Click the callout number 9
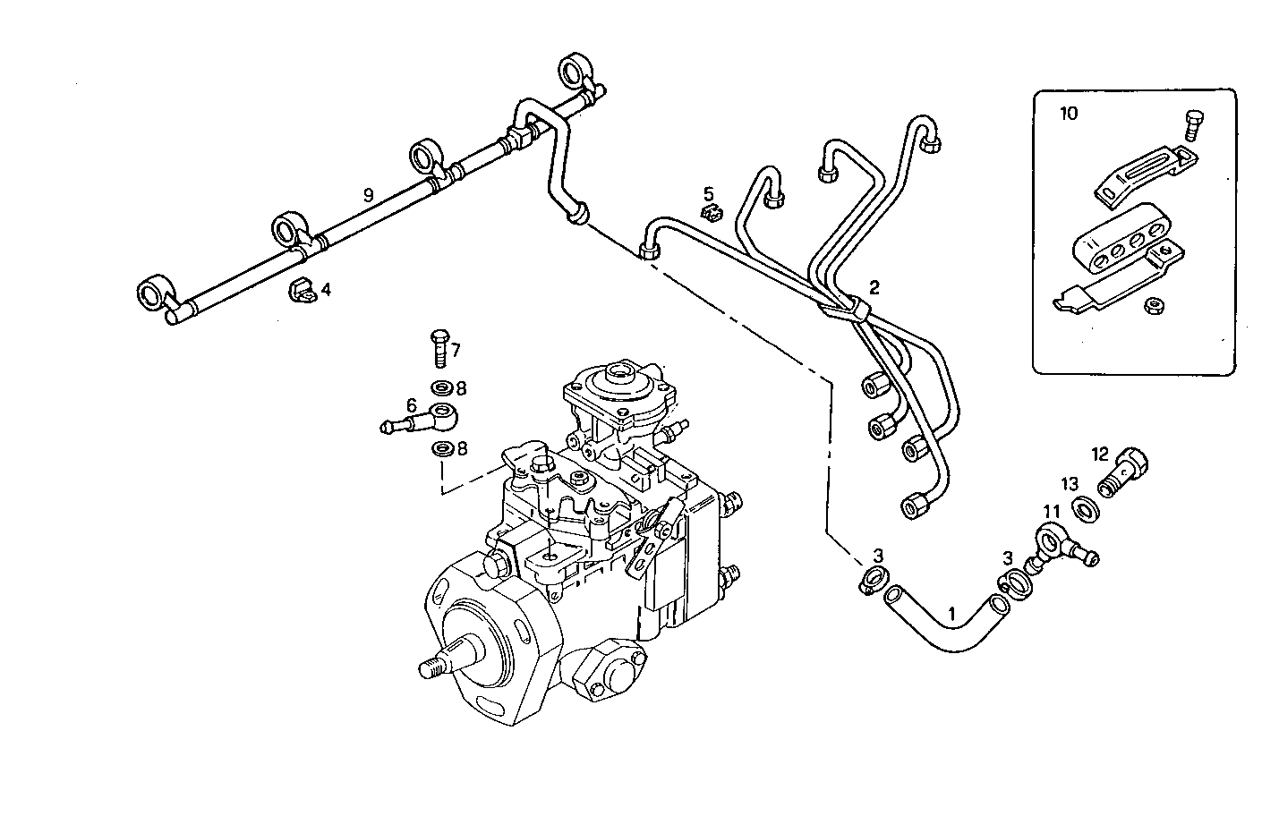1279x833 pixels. (367, 194)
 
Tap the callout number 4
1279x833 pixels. (326, 290)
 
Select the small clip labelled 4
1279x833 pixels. (301, 290)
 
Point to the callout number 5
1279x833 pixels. (708, 193)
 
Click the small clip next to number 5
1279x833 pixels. (711, 213)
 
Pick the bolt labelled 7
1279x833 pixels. (439, 348)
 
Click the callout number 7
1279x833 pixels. (456, 350)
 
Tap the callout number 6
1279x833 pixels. (412, 404)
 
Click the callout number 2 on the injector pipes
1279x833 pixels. (874, 287)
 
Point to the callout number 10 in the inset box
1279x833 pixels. (1069, 114)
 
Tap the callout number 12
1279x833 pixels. (1099, 454)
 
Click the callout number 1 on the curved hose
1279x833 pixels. (951, 616)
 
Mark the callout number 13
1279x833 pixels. (1070, 484)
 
